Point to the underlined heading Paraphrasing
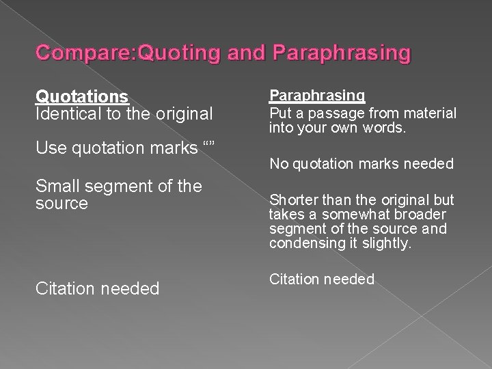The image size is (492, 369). (x=316, y=96)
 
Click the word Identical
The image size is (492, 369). (x=65, y=113)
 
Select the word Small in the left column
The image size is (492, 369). (x=57, y=187)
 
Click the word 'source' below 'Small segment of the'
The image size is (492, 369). (x=61, y=203)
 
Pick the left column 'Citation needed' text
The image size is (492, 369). (x=97, y=289)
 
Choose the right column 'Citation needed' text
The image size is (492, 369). (x=321, y=279)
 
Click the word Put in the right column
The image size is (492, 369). (x=279, y=112)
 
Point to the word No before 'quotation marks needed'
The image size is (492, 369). (x=277, y=163)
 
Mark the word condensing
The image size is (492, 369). (x=305, y=243)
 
